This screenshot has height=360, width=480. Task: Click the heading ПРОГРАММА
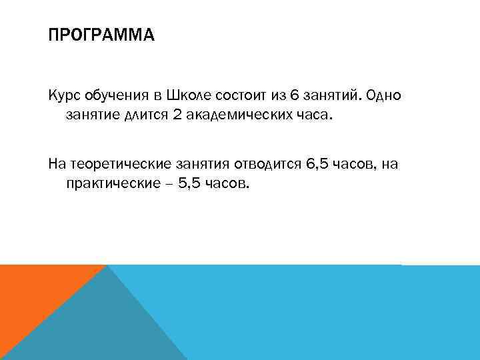[x=101, y=34]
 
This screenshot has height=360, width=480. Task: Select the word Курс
[x=63, y=96]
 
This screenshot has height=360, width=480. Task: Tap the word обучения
[x=111, y=96]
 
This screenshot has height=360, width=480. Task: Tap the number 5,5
[x=184, y=183]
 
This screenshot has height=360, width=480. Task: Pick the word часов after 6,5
[x=357, y=163]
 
